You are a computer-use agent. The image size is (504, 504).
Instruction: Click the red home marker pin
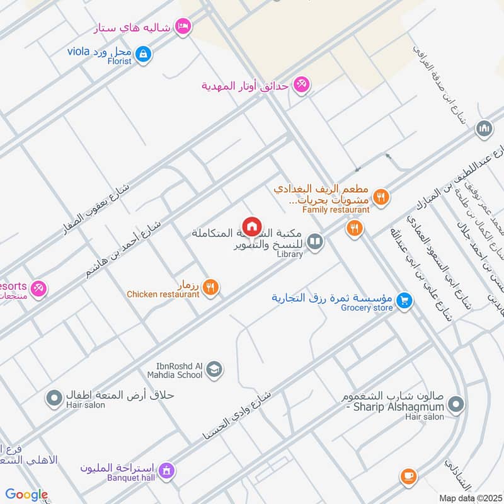pyautogui.click(x=251, y=226)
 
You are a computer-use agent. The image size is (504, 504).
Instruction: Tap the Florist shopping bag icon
pyautogui.click(x=144, y=54)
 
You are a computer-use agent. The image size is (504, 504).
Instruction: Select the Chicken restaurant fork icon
pyautogui.click(x=212, y=287)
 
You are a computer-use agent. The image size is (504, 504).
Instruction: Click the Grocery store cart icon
pyautogui.click(x=404, y=301)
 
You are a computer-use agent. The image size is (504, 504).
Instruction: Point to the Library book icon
pyautogui.click(x=315, y=241)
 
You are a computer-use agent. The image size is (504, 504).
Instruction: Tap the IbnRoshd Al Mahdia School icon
pyautogui.click(x=214, y=369)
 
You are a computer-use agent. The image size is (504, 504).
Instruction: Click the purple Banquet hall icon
pyautogui.click(x=166, y=470)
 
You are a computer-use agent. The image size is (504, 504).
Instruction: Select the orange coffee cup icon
pyautogui.click(x=408, y=476)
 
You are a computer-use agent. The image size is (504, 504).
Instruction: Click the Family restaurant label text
pyautogui.click(x=336, y=209)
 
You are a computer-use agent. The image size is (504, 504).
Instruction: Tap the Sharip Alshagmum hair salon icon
pyautogui.click(x=457, y=403)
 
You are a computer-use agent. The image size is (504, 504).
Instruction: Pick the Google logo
pyautogui.click(x=26, y=495)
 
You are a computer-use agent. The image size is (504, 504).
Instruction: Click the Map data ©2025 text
pyautogui.click(x=470, y=498)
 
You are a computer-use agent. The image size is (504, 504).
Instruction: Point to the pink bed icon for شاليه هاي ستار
pyautogui.click(x=183, y=26)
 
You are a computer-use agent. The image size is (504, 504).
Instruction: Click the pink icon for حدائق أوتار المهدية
pyautogui.click(x=301, y=85)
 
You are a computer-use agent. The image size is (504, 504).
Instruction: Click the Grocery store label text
pyautogui.click(x=367, y=308)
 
